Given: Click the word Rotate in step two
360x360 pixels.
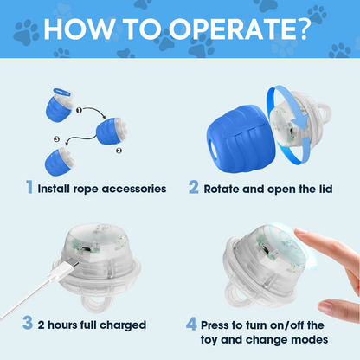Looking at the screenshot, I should (225, 189).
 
